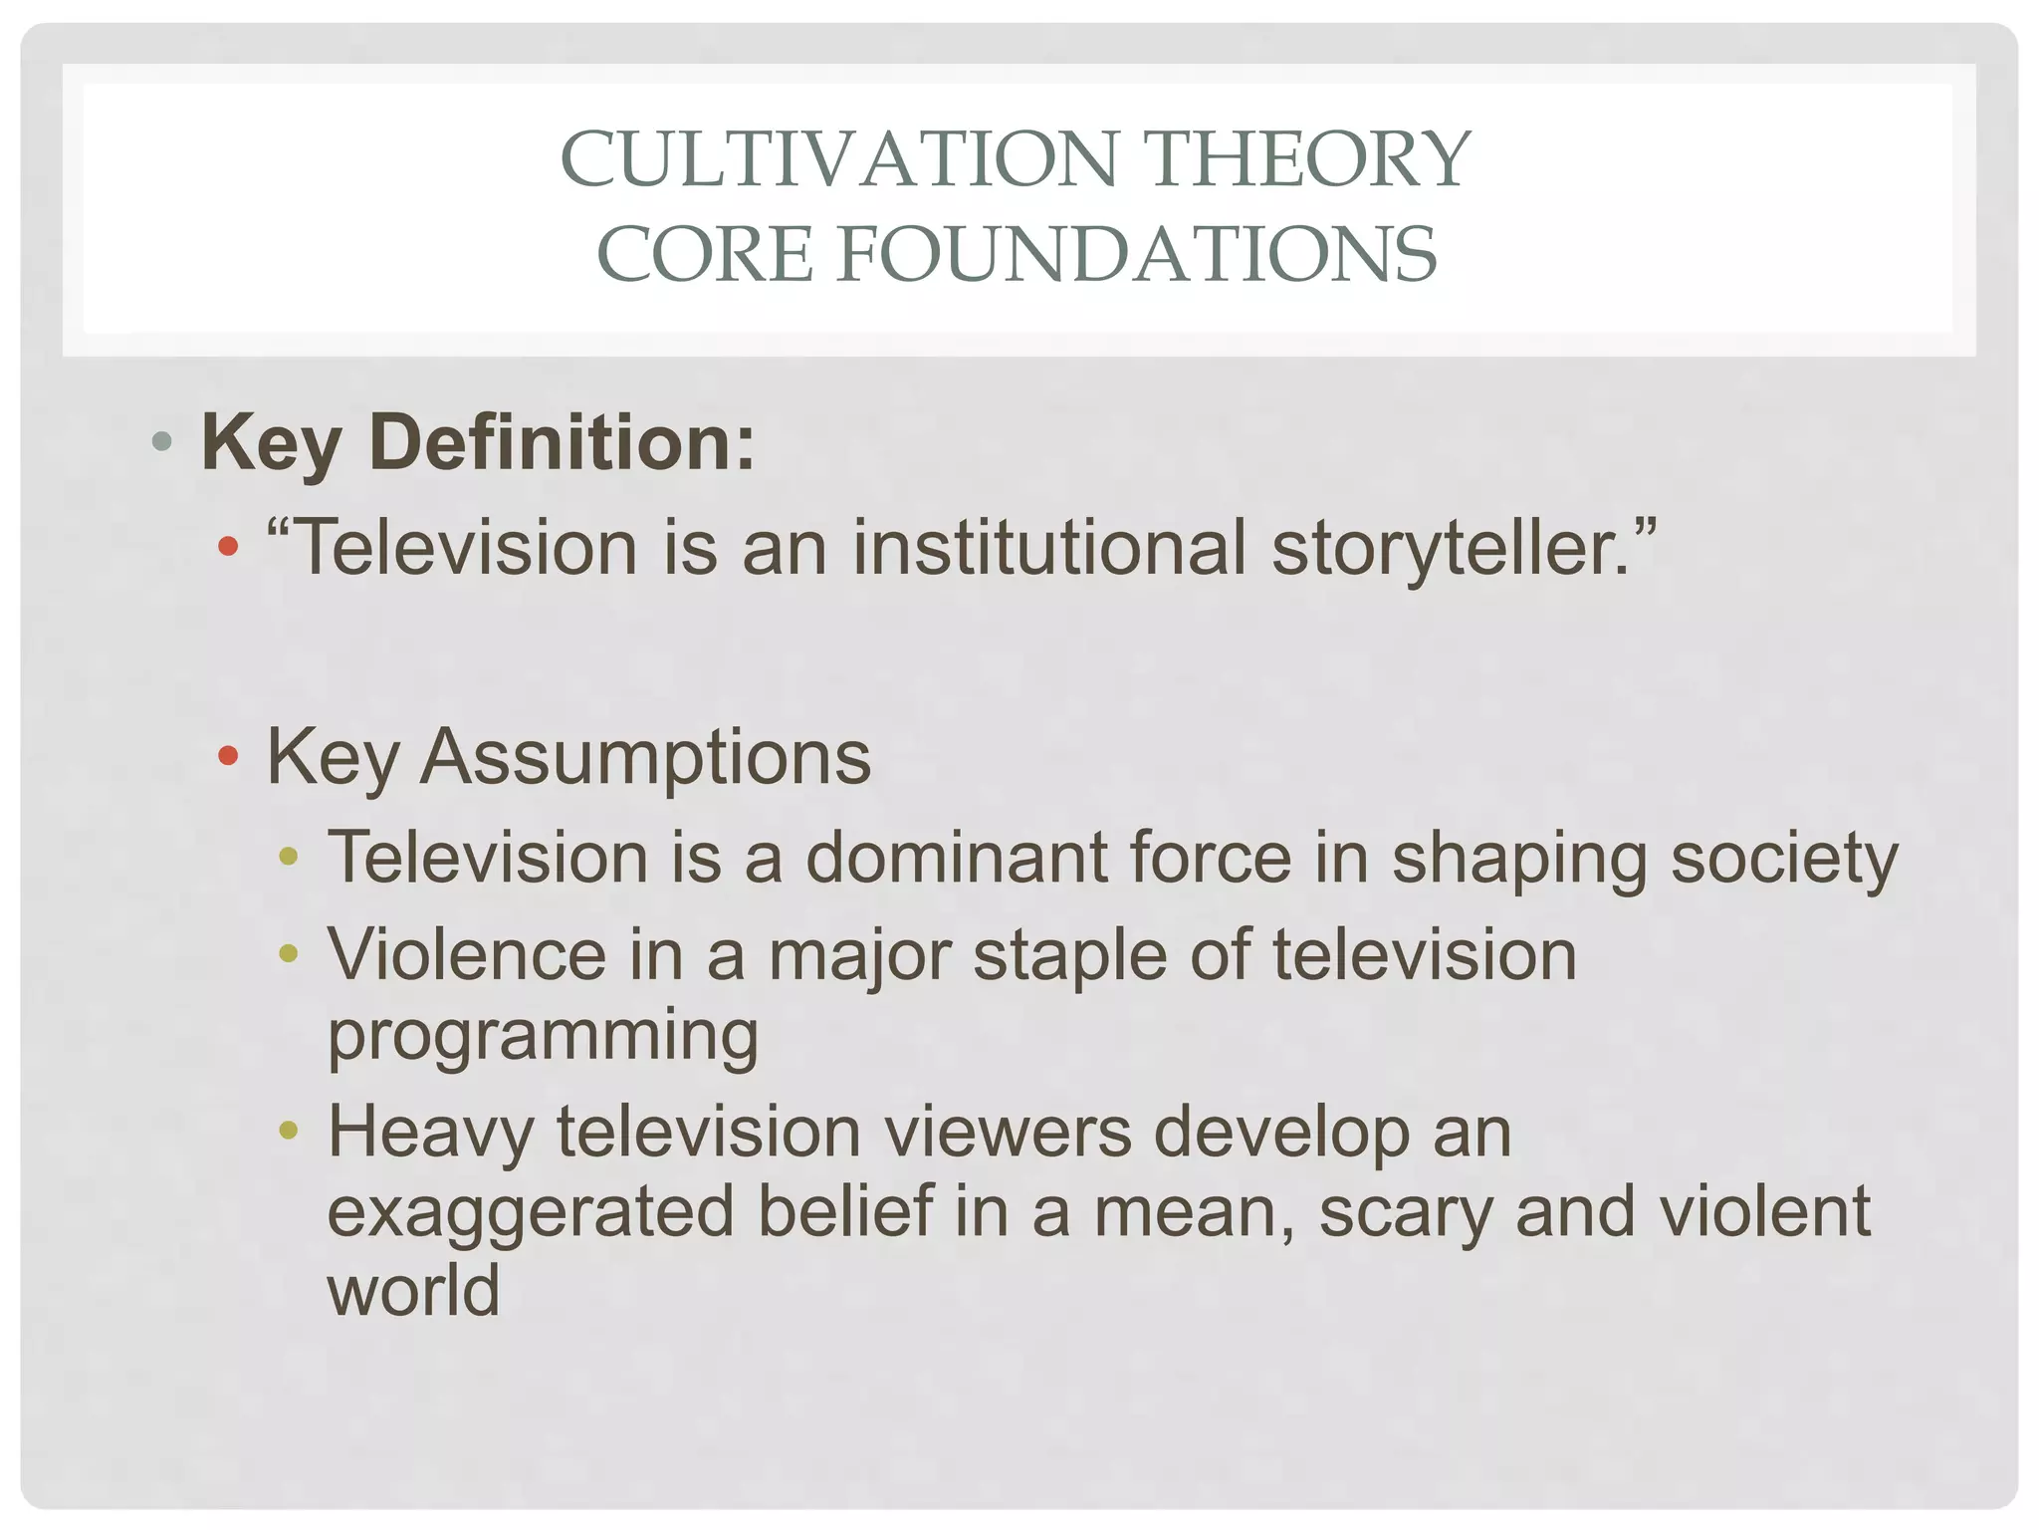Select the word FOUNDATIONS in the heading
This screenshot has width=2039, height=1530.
click(x=1137, y=254)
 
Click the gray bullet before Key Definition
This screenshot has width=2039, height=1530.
click(x=162, y=440)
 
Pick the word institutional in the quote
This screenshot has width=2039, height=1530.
click(x=1049, y=548)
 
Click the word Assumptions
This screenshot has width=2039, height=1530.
click(x=645, y=757)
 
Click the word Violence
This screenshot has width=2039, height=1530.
click(x=467, y=955)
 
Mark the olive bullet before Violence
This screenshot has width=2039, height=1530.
click(x=289, y=954)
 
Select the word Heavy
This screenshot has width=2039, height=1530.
click(x=431, y=1134)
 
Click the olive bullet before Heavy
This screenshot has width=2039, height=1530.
click(x=289, y=1131)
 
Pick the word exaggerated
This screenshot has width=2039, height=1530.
click(x=531, y=1213)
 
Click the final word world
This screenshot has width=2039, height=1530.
click(x=413, y=1291)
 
